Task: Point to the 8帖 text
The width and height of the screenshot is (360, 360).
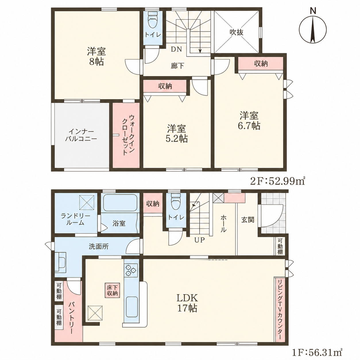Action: click(x=96, y=62)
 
